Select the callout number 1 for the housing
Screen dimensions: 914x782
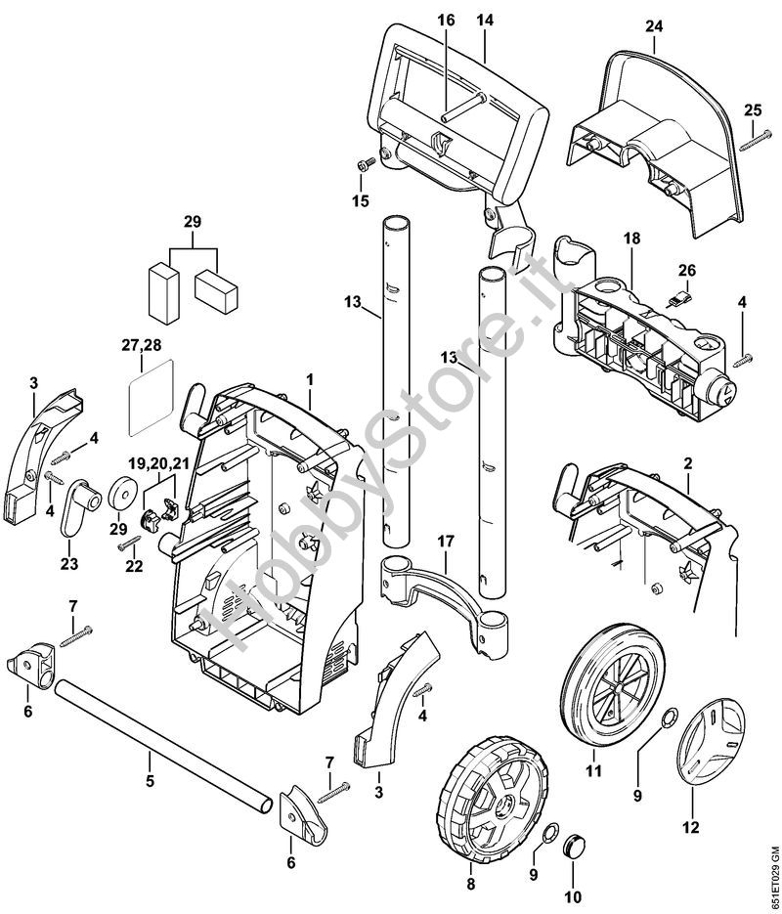point(309,377)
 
